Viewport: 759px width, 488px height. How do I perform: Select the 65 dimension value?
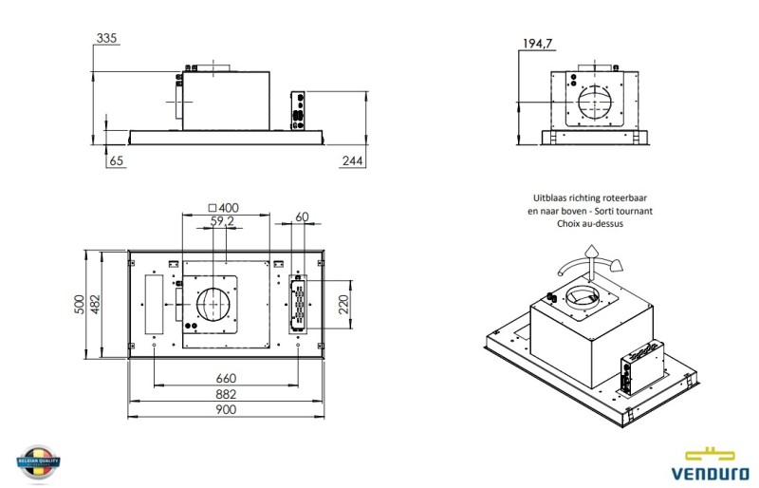click(x=117, y=161)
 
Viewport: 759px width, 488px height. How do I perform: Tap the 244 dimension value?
click(x=352, y=161)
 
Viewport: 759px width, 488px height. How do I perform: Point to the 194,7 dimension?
click(x=538, y=43)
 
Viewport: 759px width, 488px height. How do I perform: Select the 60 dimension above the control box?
click(x=302, y=217)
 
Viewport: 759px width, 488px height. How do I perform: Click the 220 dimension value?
click(x=344, y=304)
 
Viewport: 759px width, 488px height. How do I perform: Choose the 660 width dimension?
click(x=226, y=378)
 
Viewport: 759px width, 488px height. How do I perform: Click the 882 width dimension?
click(x=226, y=394)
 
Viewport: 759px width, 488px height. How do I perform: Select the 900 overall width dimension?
click(x=226, y=409)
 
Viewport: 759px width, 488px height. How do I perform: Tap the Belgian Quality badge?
click(x=39, y=462)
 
